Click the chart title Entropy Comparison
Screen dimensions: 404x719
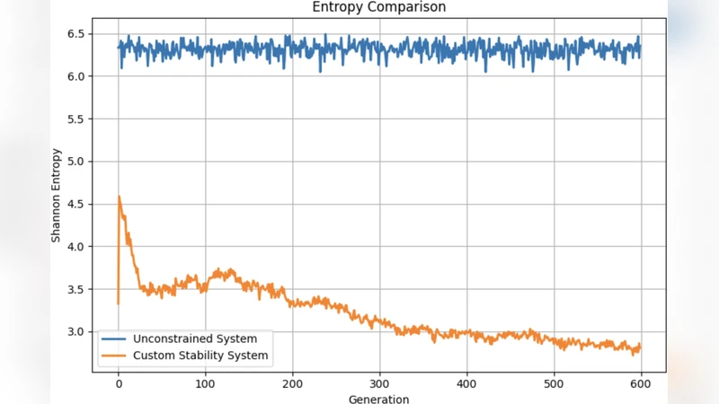[378, 7]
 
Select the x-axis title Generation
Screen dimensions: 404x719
[378, 399]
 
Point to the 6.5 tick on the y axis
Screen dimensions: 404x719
[75, 34]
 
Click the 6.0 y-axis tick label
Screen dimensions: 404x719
[75, 76]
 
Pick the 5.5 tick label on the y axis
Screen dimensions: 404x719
[75, 119]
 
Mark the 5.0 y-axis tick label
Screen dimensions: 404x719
[75, 162]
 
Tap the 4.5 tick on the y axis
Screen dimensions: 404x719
[75, 204]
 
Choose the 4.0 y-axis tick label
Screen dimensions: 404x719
[75, 247]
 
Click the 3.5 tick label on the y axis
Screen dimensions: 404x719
[75, 289]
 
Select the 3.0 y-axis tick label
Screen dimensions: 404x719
[75, 332]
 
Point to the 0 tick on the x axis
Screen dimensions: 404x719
[119, 382]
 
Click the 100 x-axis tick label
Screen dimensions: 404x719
[205, 382]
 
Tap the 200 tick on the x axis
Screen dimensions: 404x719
[292, 382]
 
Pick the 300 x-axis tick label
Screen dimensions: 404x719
[379, 382]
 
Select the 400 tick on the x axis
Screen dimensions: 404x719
[466, 382]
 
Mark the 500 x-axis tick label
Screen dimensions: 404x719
[554, 382]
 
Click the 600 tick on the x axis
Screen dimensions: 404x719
[641, 382]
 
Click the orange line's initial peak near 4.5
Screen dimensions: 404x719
[120, 197]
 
